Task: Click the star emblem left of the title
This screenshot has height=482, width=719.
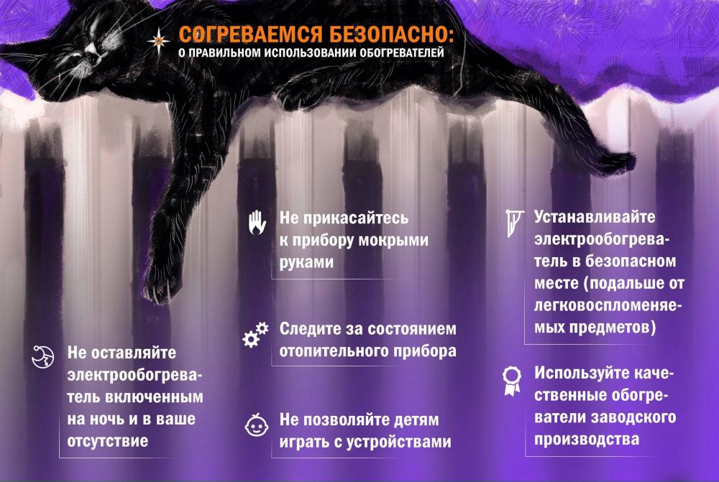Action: (x=158, y=41)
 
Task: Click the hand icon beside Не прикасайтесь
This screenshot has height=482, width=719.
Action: (x=257, y=223)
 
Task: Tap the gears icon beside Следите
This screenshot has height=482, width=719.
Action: (x=255, y=334)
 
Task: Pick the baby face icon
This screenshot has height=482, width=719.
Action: (x=257, y=425)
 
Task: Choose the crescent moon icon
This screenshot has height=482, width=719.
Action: (x=42, y=357)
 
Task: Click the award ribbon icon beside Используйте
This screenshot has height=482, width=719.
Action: (x=512, y=381)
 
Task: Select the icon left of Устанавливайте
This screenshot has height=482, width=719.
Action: (x=515, y=223)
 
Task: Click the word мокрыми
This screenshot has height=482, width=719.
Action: (x=393, y=241)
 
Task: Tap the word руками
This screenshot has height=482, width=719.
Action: (x=306, y=262)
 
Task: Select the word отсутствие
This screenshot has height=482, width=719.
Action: (x=108, y=441)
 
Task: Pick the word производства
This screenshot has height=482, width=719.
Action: (x=587, y=440)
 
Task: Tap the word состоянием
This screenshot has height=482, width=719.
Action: (x=412, y=329)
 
